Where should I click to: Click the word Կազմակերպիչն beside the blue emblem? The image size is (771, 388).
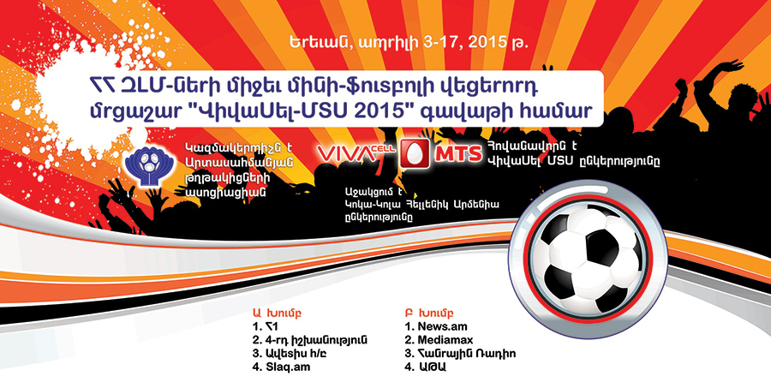point(224,146)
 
